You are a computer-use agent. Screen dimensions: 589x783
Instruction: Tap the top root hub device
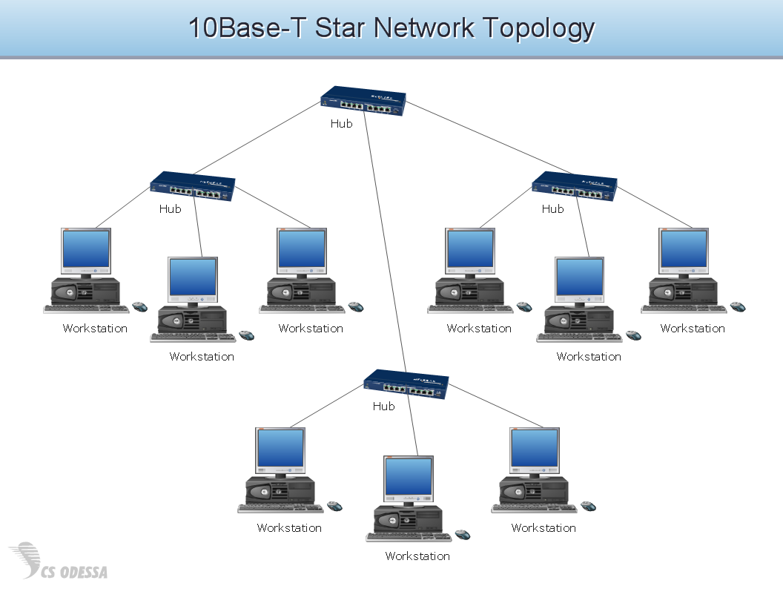363,102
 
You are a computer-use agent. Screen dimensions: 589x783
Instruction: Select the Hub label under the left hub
170,209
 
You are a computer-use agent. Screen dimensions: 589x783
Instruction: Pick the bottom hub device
406,385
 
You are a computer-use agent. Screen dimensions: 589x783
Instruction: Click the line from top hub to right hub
475,141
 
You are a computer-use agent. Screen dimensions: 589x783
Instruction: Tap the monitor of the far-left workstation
85,251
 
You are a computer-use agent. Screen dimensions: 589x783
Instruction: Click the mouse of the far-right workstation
738,307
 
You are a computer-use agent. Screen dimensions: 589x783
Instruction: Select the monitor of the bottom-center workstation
408,479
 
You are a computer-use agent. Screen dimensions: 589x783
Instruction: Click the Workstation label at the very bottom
417,556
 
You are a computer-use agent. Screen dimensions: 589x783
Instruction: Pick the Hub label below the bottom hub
383,407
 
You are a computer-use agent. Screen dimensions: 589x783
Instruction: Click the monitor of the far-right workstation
684,251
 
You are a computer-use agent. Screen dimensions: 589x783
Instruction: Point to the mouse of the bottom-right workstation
588,507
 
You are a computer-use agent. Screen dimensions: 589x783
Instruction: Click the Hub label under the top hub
341,124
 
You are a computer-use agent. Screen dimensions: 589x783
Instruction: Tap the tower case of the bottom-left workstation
280,490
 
